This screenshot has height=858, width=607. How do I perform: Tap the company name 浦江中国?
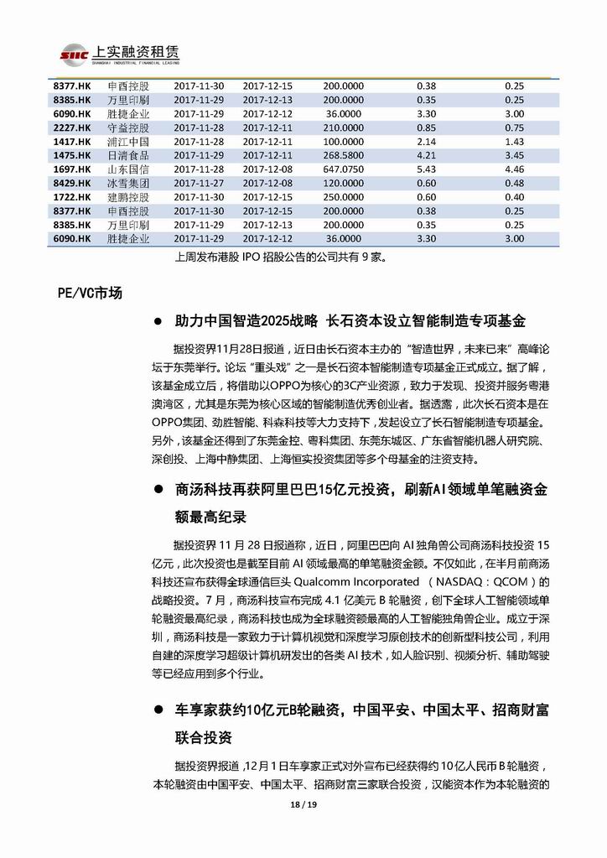pos(128,142)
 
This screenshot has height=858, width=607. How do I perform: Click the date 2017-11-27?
pos(199,183)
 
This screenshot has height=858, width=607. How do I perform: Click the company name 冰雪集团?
pos(128,183)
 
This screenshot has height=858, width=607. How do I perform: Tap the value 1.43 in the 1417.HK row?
pos(514,142)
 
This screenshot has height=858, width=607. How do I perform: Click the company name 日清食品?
pos(128,155)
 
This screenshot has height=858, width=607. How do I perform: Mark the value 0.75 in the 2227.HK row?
pos(514,127)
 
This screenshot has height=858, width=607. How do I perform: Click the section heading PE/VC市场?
pos(90,293)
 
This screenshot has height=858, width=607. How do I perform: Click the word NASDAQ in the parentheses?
pos(470,581)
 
